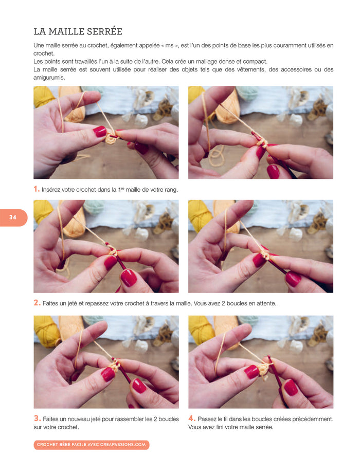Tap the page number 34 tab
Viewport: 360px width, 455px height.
click(x=13, y=217)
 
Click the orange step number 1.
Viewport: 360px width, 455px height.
click(x=37, y=189)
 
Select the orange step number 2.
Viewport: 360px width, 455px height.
click(x=37, y=303)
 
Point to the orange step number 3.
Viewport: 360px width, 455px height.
click(x=37, y=418)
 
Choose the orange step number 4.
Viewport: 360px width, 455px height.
click(x=192, y=418)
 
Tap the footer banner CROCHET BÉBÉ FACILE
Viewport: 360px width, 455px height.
click(x=91, y=444)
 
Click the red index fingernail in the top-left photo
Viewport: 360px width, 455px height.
click(x=99, y=132)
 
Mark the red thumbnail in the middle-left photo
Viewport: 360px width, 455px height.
click(x=128, y=278)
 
